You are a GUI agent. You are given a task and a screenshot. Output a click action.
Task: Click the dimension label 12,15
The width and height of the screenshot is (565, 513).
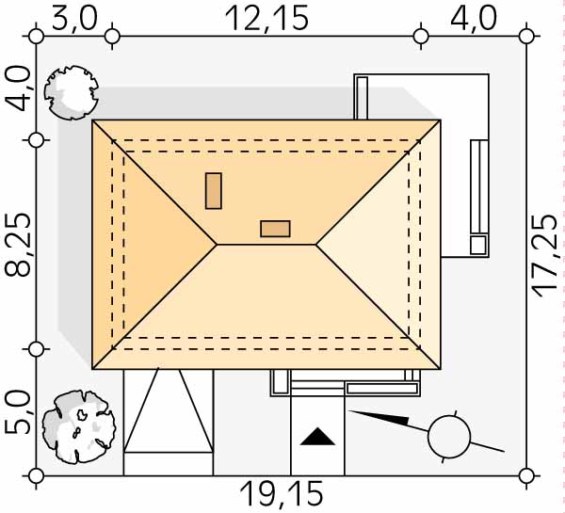(x=267, y=19)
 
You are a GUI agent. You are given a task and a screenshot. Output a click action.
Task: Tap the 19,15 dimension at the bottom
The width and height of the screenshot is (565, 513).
(x=282, y=494)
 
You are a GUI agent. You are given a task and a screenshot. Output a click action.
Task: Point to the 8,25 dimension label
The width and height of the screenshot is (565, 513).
(x=18, y=245)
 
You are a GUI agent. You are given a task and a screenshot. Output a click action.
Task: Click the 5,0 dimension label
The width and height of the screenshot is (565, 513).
(x=18, y=413)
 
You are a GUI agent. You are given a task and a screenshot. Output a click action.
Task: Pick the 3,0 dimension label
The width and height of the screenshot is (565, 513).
(x=74, y=19)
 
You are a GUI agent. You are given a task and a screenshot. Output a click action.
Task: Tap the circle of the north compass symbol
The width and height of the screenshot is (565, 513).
(x=449, y=437)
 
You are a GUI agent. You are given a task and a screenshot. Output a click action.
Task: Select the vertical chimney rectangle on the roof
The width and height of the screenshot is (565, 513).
(x=214, y=190)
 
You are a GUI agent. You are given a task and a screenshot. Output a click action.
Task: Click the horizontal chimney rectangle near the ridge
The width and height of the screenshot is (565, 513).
(x=275, y=229)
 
